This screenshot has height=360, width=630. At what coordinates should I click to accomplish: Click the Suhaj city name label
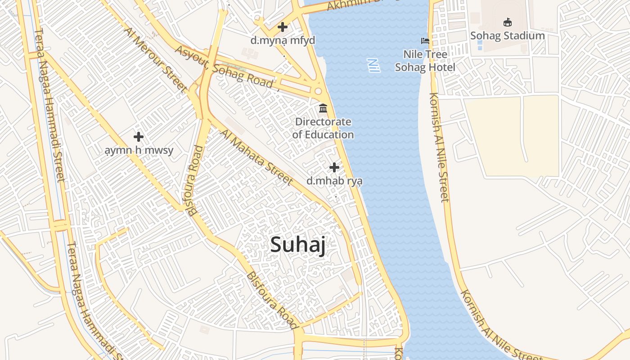click(297, 245)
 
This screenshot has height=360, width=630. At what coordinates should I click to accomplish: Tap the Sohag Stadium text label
click(507, 36)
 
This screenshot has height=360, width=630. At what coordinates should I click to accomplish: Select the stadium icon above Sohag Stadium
click(507, 22)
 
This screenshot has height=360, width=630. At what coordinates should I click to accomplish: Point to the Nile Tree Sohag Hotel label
click(425, 61)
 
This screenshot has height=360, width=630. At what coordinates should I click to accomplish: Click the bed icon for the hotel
click(425, 41)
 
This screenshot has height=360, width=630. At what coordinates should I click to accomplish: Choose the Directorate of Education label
click(323, 128)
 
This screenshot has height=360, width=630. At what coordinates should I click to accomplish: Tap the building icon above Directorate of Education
click(323, 108)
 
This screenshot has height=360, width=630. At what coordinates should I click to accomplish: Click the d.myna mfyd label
click(283, 40)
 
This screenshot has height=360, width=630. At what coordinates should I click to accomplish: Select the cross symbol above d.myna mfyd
click(283, 27)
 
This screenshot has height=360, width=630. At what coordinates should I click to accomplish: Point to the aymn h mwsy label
click(139, 150)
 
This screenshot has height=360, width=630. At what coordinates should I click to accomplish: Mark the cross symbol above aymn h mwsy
click(139, 136)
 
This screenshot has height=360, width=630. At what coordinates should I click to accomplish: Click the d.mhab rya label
click(334, 181)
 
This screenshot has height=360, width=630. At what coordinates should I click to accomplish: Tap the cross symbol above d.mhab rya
click(334, 167)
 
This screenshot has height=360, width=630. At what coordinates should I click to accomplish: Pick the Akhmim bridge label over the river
click(355, 4)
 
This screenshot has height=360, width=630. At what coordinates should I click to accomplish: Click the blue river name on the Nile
click(373, 65)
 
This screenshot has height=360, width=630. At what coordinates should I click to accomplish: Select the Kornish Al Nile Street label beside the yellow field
click(439, 147)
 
